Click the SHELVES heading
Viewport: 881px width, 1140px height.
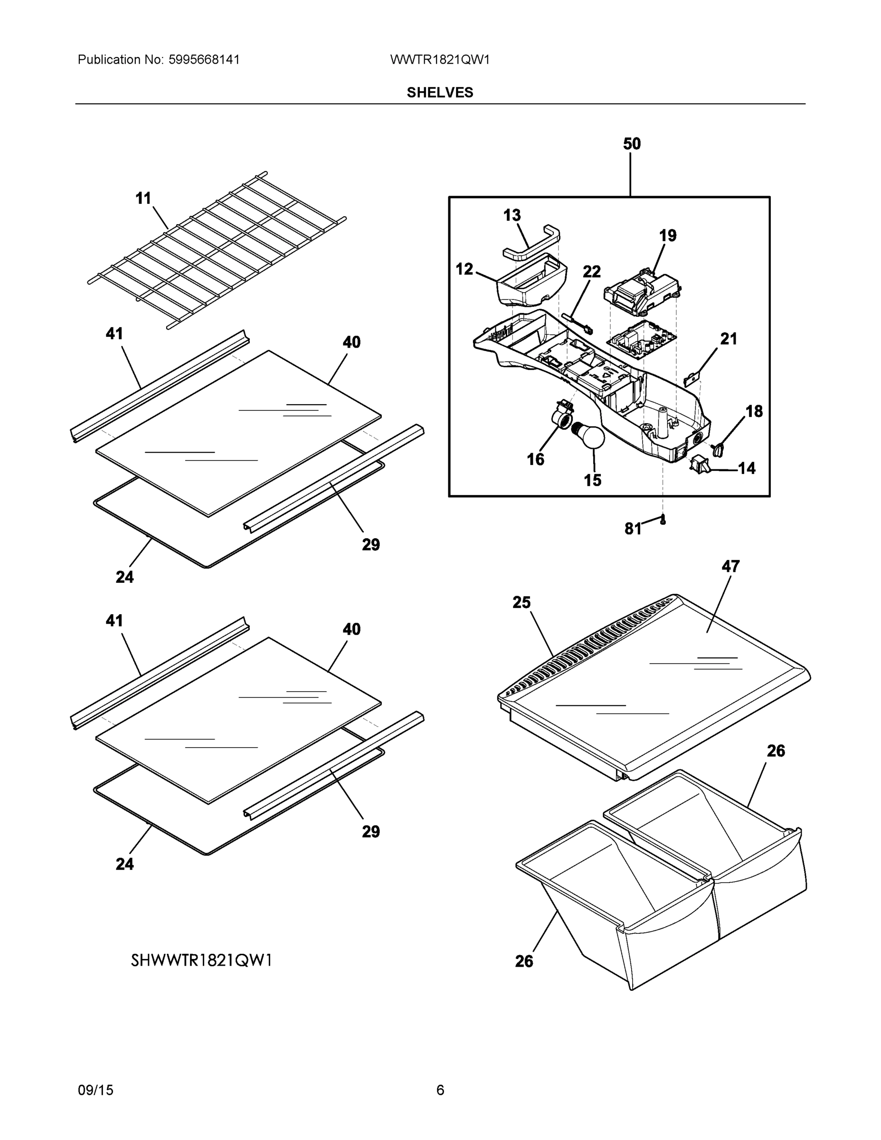pos(440,93)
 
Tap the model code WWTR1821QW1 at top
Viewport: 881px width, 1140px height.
pos(439,59)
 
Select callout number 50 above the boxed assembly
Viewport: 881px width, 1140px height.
pos(632,143)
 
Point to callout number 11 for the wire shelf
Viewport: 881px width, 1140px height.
pos(143,199)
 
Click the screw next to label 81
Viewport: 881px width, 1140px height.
pos(663,520)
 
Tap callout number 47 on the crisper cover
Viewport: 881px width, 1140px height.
pos(730,566)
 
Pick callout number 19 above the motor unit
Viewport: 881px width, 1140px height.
pos(668,236)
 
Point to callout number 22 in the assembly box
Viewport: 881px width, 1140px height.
pos(591,271)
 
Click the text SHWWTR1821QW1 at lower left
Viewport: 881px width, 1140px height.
pos(201,960)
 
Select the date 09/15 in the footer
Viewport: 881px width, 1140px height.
pos(95,1090)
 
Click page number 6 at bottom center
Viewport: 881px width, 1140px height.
pos(440,1090)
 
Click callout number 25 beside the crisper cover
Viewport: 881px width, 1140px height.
pos(521,602)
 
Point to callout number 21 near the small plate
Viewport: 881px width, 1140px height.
pos(729,339)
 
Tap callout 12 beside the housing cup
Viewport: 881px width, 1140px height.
pos(464,269)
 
